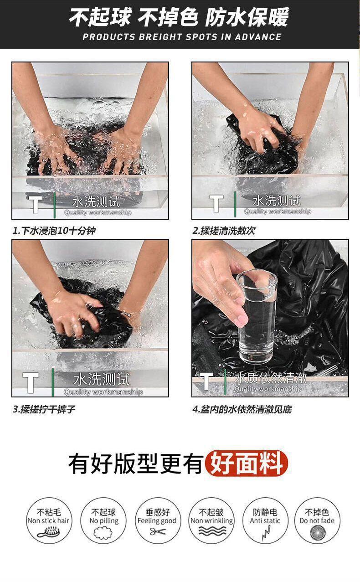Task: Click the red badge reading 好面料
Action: tap(246, 464)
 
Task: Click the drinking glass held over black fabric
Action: tap(257, 316)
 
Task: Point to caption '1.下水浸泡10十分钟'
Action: tap(54, 231)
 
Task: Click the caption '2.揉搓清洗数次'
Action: tap(224, 231)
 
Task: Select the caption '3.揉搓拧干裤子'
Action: tap(44, 409)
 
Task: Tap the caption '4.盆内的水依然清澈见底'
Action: tap(242, 409)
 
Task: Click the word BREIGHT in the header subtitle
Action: tap(160, 37)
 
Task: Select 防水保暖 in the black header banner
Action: tap(247, 17)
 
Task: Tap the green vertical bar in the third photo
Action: tap(53, 382)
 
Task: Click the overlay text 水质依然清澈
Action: tap(271, 378)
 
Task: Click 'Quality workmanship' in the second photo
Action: tap(278, 211)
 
